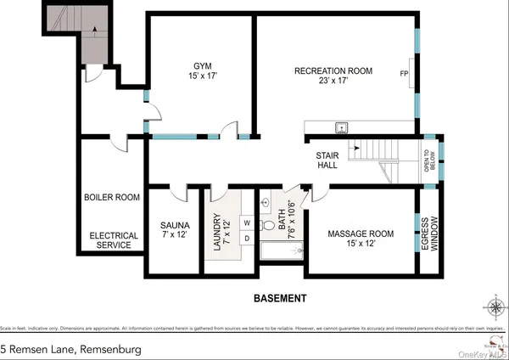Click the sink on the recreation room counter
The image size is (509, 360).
(342, 127)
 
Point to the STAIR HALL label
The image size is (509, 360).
(327, 160)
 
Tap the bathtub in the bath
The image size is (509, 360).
(277, 250)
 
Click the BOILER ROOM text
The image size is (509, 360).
(111, 197)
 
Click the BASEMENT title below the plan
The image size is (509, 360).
(280, 299)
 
